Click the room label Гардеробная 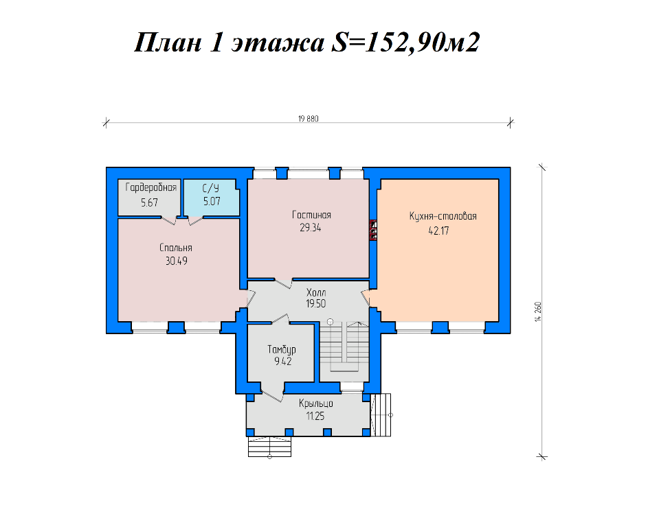151,188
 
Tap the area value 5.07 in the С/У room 212,201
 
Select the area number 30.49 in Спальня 177,261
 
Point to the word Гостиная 311,215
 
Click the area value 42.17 439,231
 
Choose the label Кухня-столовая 443,216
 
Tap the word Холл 316,292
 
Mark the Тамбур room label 282,350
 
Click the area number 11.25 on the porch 315,417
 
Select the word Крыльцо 316,403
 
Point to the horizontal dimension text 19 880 309,119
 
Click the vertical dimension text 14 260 538,312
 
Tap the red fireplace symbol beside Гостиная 374,230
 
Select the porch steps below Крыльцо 269,447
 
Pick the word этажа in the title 278,43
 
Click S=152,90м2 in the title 405,43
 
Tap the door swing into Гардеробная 168,221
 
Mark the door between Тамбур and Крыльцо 272,393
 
